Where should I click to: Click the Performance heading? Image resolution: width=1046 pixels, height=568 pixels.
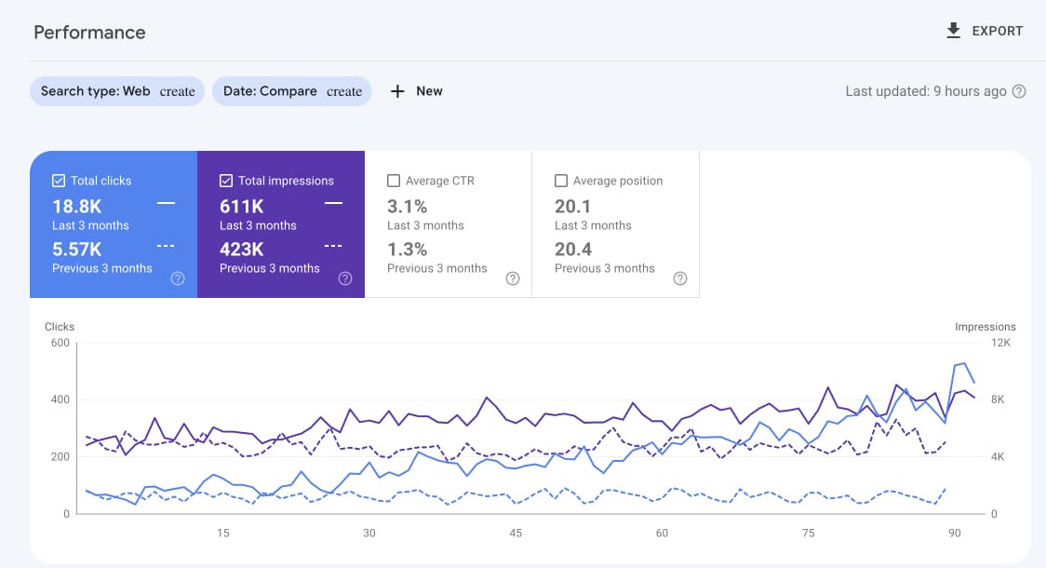tap(89, 33)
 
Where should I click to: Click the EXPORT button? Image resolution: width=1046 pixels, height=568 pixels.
tap(984, 31)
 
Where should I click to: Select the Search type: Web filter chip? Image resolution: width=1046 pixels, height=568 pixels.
tap(117, 91)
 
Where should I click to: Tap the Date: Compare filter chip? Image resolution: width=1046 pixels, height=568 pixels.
tap(292, 91)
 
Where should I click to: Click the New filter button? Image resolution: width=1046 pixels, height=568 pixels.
tap(416, 91)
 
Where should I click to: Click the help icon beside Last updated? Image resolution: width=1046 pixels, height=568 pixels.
tap(1019, 91)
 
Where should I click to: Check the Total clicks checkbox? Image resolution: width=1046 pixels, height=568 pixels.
tap(59, 181)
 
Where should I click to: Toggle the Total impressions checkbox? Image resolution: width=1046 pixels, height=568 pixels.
tap(226, 181)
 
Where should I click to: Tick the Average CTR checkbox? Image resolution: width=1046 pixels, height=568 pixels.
tap(394, 181)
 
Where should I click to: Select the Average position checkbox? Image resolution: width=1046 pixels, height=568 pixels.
tap(561, 181)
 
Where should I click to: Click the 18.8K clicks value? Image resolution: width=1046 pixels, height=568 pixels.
tap(77, 206)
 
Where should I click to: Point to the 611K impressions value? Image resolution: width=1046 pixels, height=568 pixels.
tap(242, 206)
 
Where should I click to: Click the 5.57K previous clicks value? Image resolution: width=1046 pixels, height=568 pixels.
tap(77, 249)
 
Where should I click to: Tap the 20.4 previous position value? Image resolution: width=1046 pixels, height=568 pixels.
tap(572, 249)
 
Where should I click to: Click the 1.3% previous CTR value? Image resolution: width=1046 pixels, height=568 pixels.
tap(408, 249)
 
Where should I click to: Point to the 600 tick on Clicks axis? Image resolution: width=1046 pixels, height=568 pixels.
tap(60, 343)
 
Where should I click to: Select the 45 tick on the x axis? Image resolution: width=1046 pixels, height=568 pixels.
tap(516, 534)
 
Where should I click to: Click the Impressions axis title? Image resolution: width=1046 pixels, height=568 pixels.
tap(985, 327)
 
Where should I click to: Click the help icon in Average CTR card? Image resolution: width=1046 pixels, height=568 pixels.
tap(512, 278)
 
